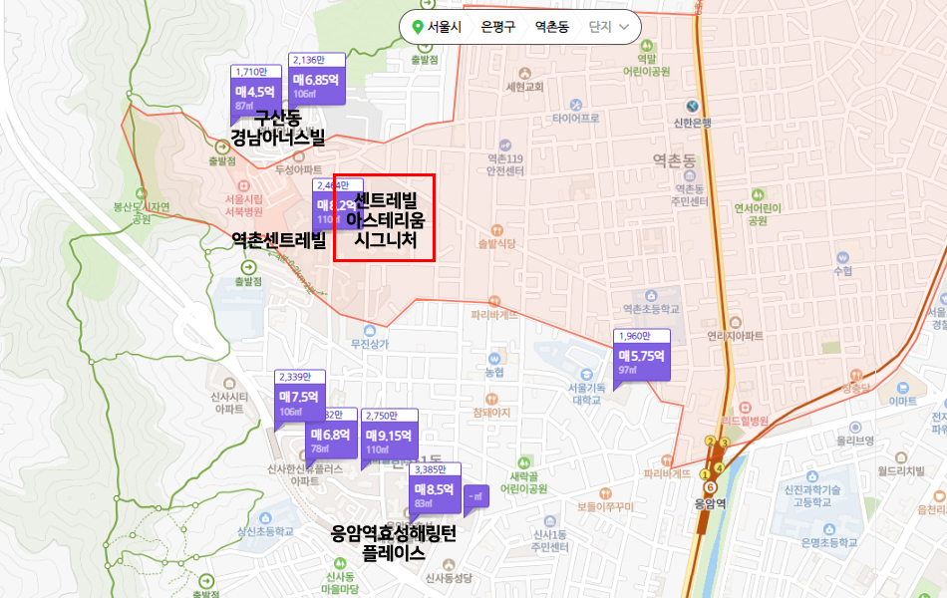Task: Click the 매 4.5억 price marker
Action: [254, 91]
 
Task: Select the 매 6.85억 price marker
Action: [317, 79]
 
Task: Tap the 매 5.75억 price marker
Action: [641, 355]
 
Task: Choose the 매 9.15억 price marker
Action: [389, 436]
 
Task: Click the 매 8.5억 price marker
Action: [435, 489]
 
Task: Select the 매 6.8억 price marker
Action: [330, 436]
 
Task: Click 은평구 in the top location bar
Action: [497, 27]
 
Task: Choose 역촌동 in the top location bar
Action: [551, 27]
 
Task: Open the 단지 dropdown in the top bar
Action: [609, 27]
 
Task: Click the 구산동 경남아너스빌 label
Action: [277, 128]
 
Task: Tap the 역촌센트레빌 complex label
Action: [278, 239]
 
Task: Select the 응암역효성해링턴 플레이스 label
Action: [393, 543]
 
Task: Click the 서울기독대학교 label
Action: [585, 393]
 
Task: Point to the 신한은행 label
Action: [692, 124]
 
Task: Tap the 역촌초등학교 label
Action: [650, 310]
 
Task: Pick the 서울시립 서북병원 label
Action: [244, 204]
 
